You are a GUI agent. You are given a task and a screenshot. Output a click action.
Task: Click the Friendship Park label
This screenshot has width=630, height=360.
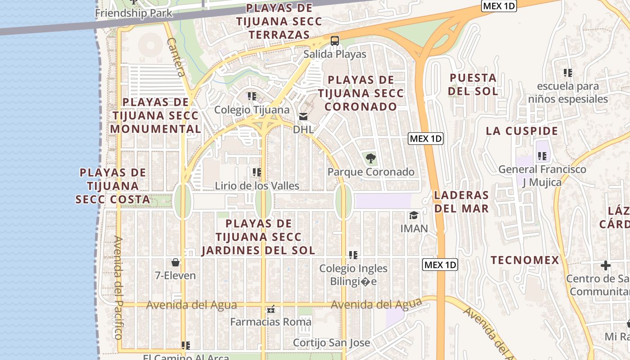click(x=133, y=13)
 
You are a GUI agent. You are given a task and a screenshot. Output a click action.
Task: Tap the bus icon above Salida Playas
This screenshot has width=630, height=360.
click(x=334, y=41)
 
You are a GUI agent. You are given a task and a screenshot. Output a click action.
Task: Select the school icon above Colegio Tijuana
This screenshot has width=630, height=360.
click(x=252, y=96)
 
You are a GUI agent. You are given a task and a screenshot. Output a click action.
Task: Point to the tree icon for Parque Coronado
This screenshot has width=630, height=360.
click(x=371, y=158)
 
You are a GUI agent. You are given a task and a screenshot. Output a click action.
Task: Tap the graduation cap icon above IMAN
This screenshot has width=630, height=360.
click(x=414, y=216)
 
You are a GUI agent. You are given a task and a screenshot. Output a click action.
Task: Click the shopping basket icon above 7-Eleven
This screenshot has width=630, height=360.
click(x=175, y=262)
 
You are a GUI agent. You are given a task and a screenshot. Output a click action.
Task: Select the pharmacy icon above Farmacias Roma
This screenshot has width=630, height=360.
click(x=270, y=309)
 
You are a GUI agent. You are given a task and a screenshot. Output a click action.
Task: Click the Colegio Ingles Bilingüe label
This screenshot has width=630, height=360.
click(x=353, y=275)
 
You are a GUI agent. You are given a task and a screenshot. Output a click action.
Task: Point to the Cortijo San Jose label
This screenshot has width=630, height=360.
click(x=331, y=343)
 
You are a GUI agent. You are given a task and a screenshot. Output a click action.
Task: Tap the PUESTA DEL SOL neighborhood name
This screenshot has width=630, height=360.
click(x=473, y=85)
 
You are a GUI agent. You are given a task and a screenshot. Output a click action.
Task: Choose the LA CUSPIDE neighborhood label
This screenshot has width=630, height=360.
click(x=522, y=131)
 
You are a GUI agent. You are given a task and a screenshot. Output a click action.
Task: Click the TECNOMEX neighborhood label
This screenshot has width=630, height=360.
click(x=525, y=260)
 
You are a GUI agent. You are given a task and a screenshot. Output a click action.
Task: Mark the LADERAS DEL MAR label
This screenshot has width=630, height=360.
click(x=461, y=202)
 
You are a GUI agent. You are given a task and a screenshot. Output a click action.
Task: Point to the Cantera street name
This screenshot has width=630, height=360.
click(x=176, y=57)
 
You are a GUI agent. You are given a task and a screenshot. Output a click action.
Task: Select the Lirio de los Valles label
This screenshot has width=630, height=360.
click(x=257, y=186)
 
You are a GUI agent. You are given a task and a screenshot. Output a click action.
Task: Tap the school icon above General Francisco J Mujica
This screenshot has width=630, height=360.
click(x=542, y=157)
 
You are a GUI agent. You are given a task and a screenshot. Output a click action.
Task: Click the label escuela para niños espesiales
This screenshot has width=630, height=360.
click(x=568, y=93)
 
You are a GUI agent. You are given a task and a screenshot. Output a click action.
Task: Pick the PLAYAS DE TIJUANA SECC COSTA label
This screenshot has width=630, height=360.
click(x=112, y=186)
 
